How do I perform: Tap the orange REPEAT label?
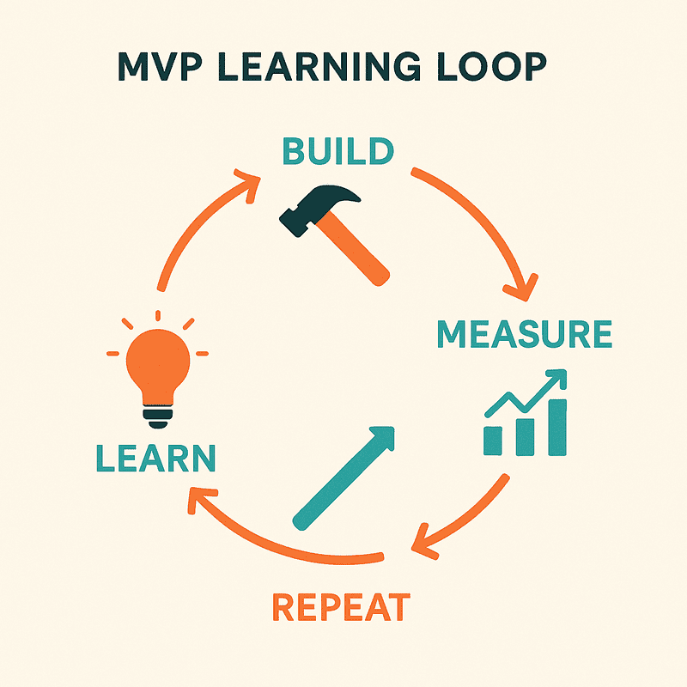point(341,606)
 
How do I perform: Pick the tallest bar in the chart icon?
point(556,426)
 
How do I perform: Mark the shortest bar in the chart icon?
point(494,440)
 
